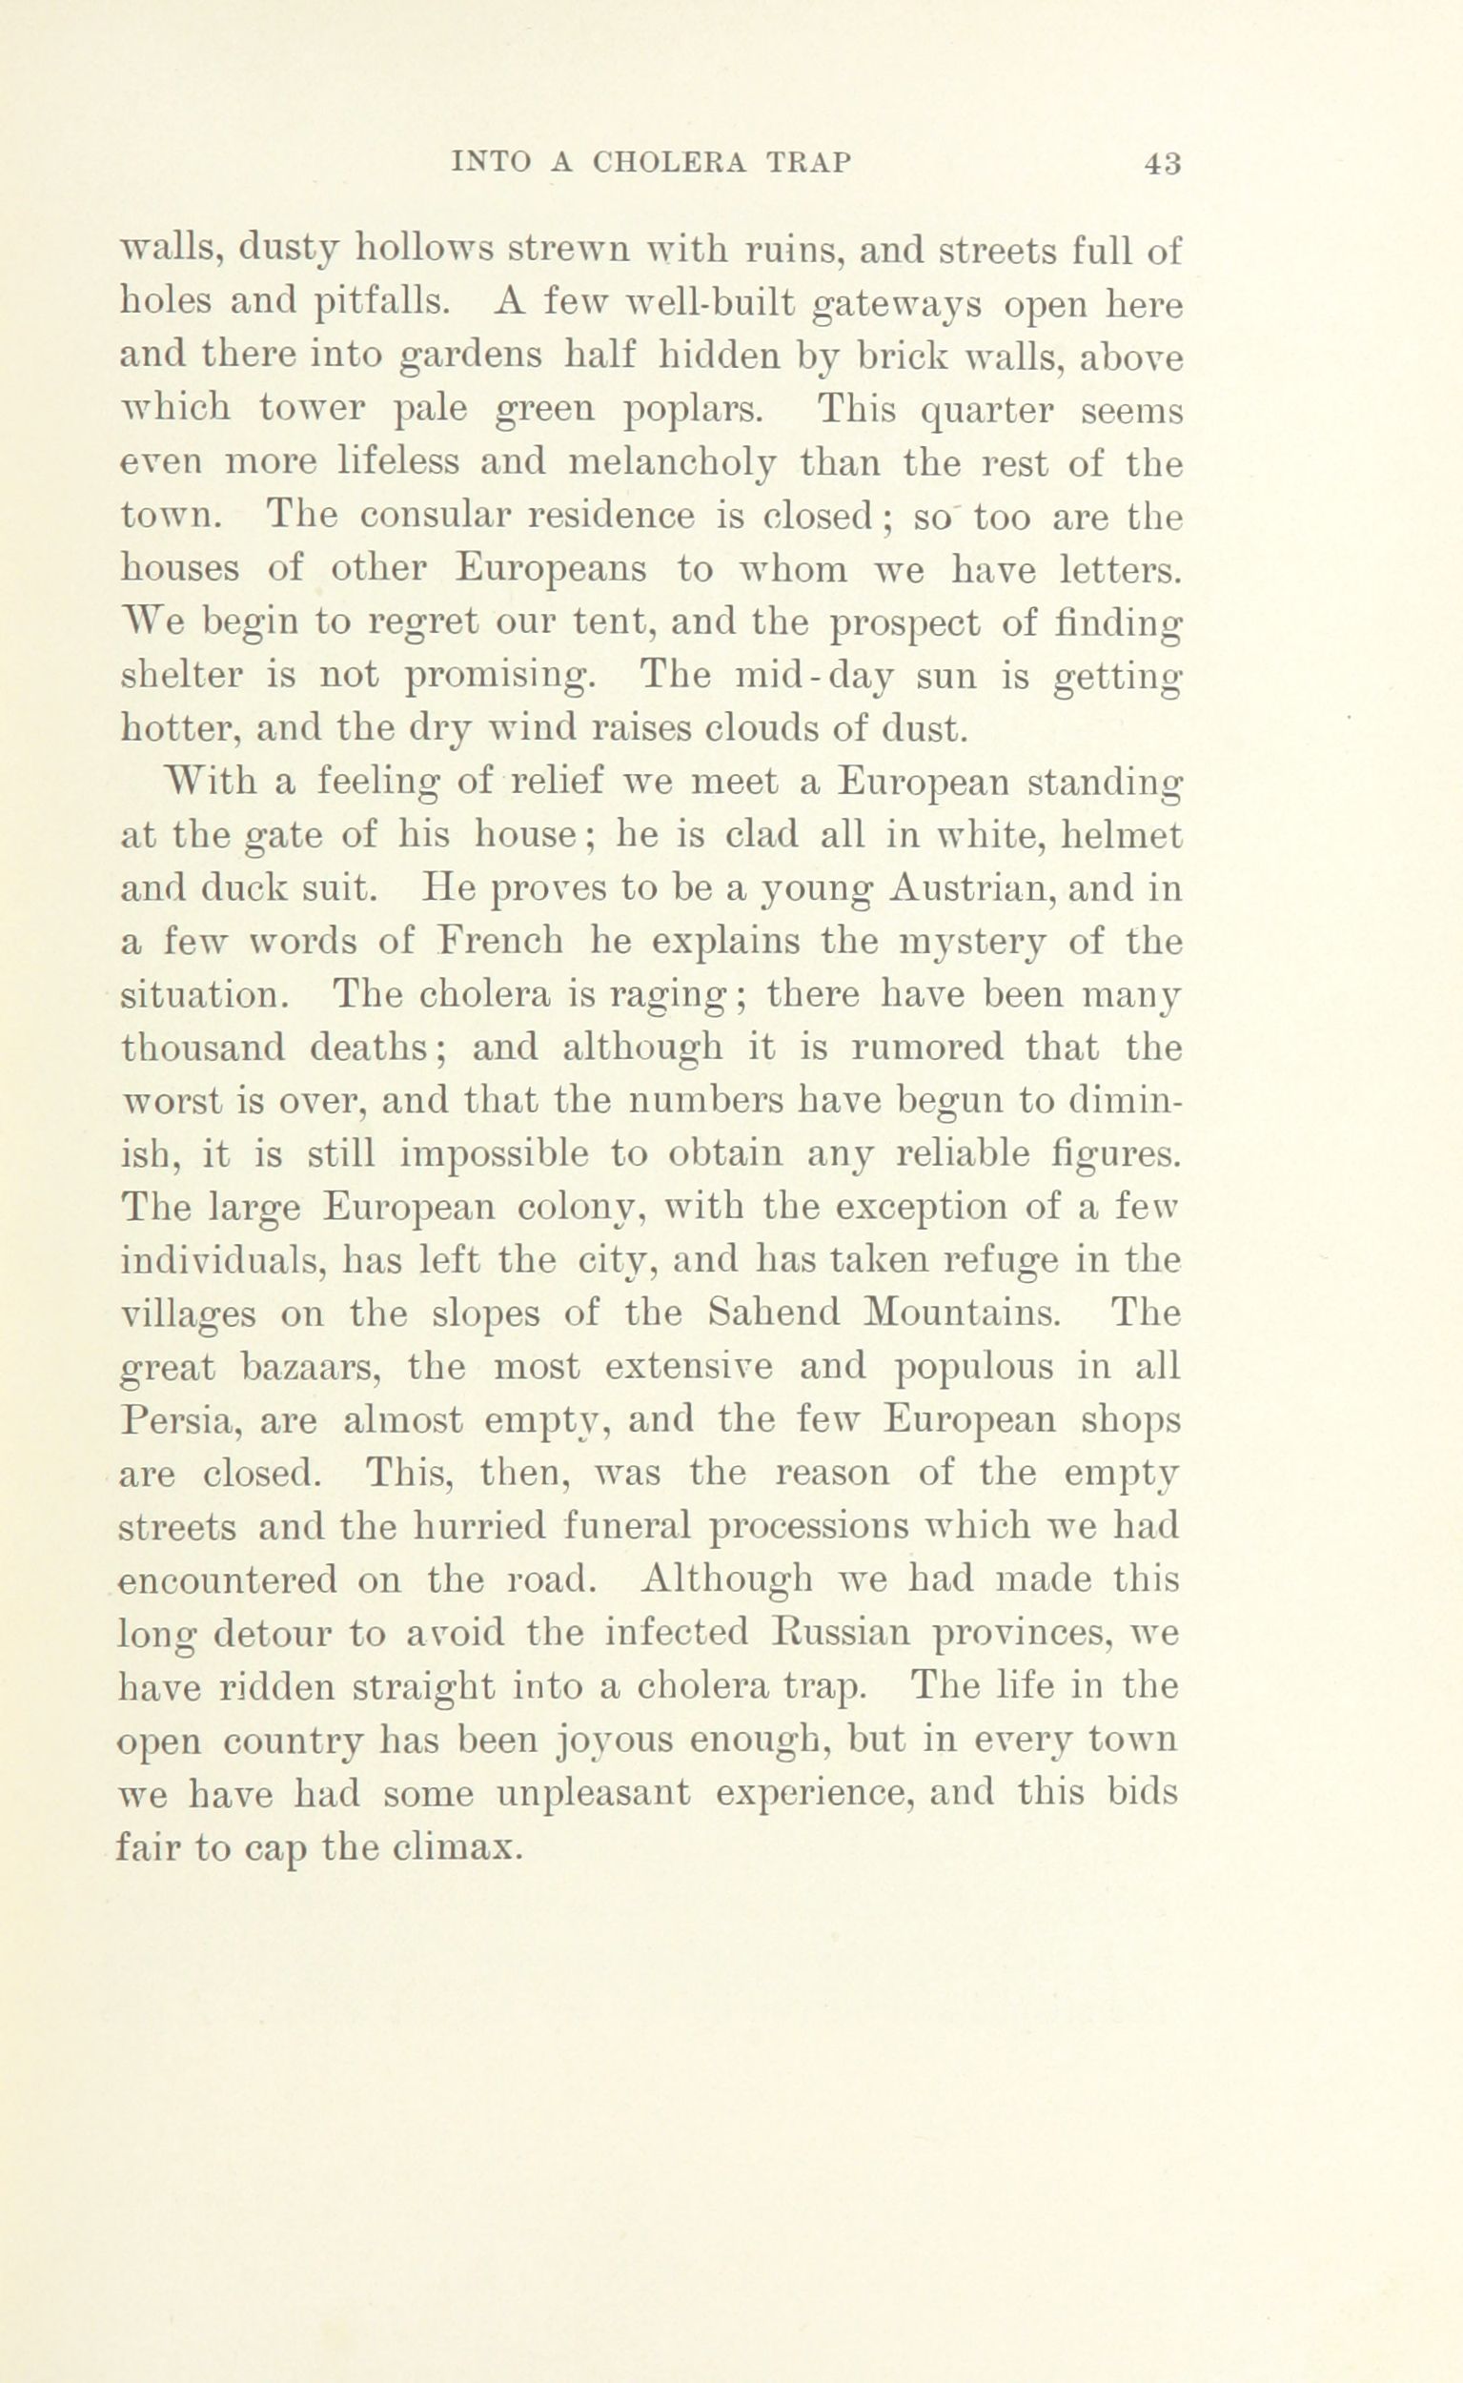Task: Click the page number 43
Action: point(1162,164)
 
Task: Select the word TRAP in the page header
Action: point(808,164)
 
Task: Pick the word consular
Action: point(426,517)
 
